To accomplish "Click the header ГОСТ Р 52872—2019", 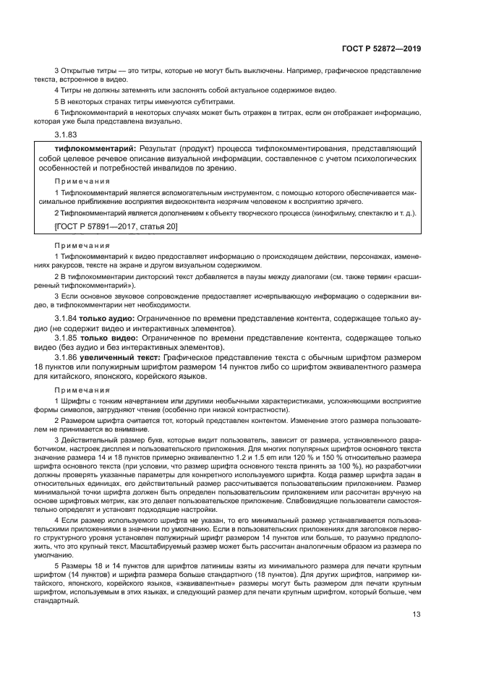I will (381, 48).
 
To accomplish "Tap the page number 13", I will (417, 615).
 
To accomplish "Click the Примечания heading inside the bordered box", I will (82, 181).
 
